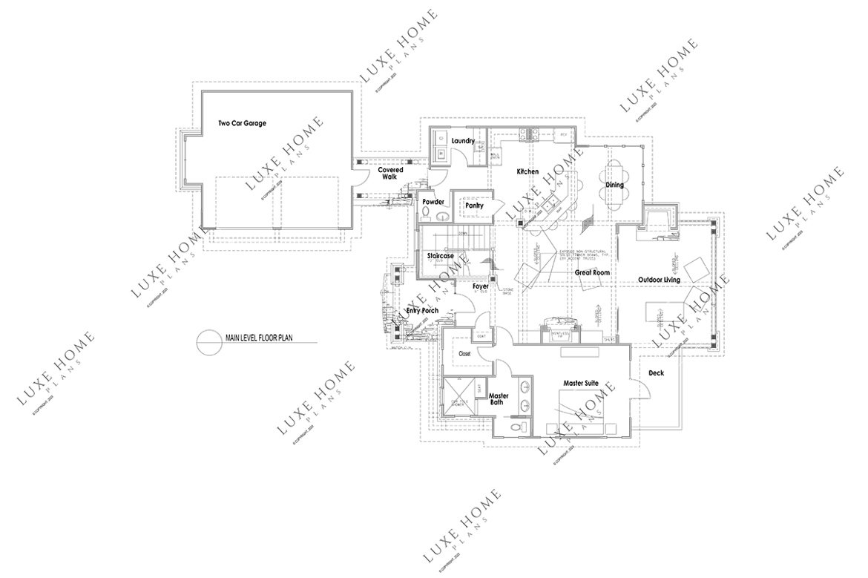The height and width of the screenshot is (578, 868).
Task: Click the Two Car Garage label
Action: pyautogui.click(x=242, y=123)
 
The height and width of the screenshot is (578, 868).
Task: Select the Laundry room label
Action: pyautogui.click(x=462, y=141)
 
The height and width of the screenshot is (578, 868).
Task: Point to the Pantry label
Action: pyautogui.click(x=474, y=205)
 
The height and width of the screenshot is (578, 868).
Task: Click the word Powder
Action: pyautogui.click(x=433, y=202)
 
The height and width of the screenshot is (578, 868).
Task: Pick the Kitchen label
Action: pyautogui.click(x=527, y=172)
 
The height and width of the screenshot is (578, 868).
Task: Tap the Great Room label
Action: pyautogui.click(x=592, y=273)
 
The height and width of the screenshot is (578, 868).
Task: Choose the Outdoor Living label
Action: pyautogui.click(x=660, y=280)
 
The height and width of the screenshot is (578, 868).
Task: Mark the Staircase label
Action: pyautogui.click(x=440, y=256)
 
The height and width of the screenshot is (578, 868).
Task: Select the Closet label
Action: pyautogui.click(x=465, y=354)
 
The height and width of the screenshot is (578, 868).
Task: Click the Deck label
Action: pyautogui.click(x=655, y=373)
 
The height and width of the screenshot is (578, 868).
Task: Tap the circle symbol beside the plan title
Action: pyautogui.click(x=206, y=340)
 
